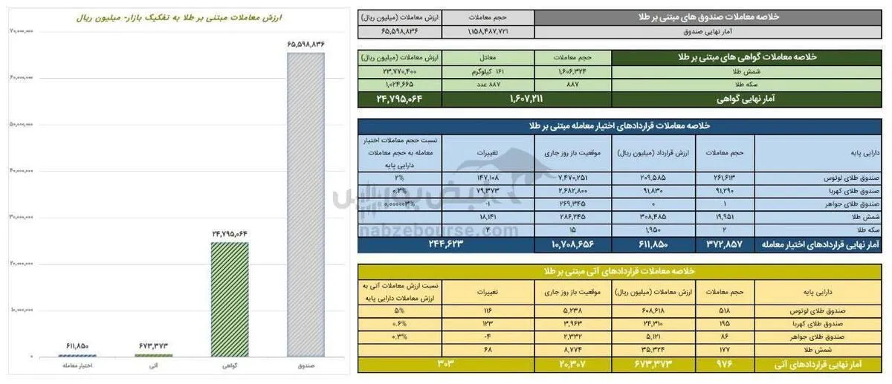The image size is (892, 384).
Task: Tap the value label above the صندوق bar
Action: click(306, 45)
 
